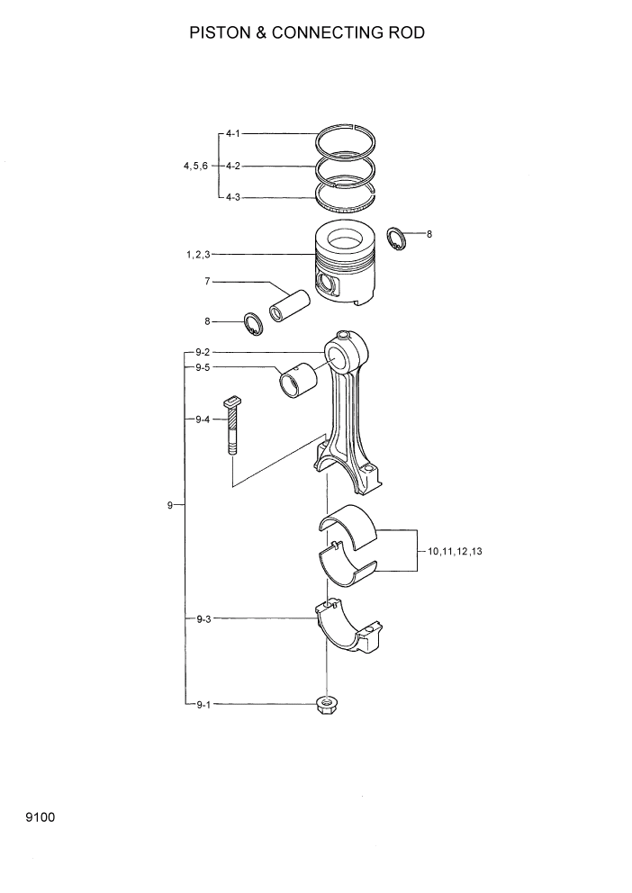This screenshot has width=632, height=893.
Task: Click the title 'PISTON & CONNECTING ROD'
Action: click(306, 33)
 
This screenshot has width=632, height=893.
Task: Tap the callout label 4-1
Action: click(232, 133)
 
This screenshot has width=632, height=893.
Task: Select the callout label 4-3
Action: click(232, 196)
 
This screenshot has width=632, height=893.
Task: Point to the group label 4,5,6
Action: click(195, 166)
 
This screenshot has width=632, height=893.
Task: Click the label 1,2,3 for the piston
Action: click(198, 255)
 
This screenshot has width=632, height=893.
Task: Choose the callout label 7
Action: click(207, 282)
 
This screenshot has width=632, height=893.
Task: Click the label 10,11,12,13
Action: click(456, 550)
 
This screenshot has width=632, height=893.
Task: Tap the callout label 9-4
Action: click(203, 419)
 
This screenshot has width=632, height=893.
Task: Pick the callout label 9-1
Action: click(203, 705)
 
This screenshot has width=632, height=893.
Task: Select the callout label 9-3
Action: click(203, 618)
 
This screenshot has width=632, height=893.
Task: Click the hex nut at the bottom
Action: click(328, 705)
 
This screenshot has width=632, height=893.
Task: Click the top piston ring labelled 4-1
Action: click(349, 139)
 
